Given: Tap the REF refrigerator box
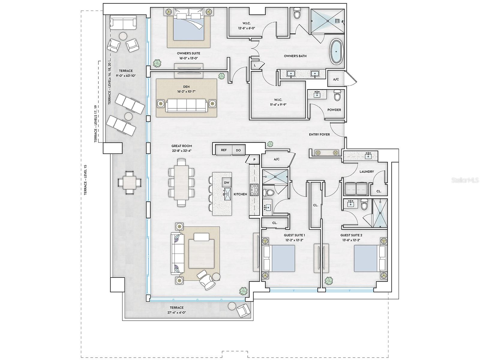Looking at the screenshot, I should [x=223, y=150].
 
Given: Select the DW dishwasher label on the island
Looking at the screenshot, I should [x=226, y=182].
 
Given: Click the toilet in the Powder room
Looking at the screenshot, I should [x=337, y=95].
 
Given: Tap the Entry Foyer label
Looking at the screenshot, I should [x=319, y=134].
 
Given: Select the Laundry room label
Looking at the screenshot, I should [x=367, y=172].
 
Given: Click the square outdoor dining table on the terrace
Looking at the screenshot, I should [x=129, y=182].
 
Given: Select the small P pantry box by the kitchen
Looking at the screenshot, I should [x=254, y=160].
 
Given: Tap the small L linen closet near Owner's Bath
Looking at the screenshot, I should [x=255, y=65].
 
